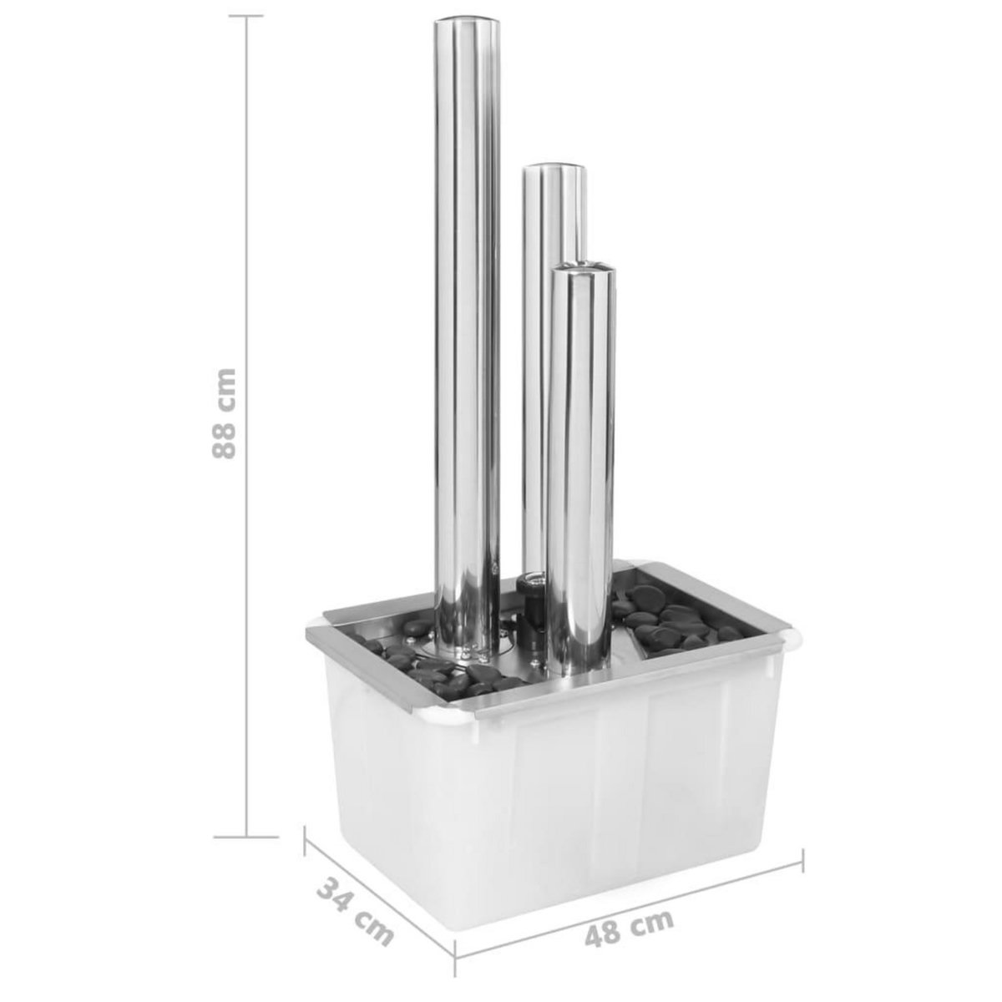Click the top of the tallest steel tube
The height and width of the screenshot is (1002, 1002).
(466, 27)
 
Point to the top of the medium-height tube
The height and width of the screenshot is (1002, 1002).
(554, 170)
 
